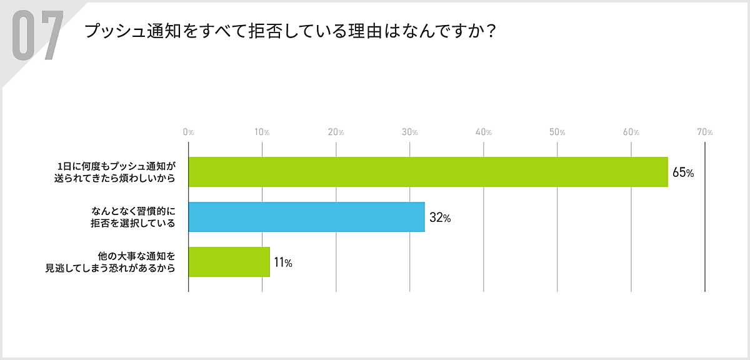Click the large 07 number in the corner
click(x=37, y=36)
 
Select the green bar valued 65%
click(x=428, y=172)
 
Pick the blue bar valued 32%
click(x=306, y=217)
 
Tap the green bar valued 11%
click(x=229, y=262)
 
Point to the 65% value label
click(x=683, y=172)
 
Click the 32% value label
click(x=440, y=218)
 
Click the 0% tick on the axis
click(x=188, y=132)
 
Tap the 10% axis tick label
click(x=262, y=132)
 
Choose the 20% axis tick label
click(x=336, y=132)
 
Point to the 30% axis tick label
click(x=409, y=132)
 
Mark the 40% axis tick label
click(x=483, y=132)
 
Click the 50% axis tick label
click(x=557, y=132)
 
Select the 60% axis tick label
click(x=631, y=132)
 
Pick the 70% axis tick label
click(x=704, y=132)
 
